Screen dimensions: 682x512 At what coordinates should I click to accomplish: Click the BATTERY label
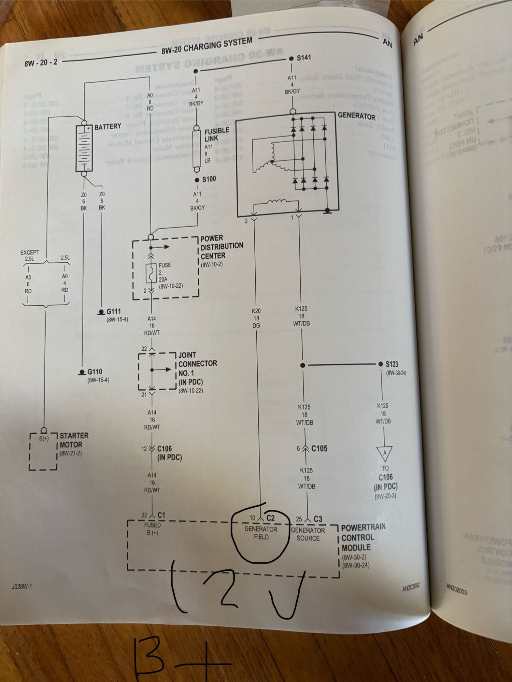tap(108, 127)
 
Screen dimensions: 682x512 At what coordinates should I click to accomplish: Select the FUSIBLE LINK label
tap(216, 135)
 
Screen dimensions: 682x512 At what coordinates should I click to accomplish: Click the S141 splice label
tap(304, 58)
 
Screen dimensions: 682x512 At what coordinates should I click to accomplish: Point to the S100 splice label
tap(209, 179)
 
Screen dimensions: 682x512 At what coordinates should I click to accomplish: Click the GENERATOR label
tap(356, 116)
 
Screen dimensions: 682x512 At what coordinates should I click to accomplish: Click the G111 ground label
tap(113, 311)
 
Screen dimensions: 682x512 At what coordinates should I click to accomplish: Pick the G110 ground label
tap(95, 372)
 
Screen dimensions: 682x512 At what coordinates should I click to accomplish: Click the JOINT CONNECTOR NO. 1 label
tap(197, 368)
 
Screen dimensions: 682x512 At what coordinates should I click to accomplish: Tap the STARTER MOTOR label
tap(74, 440)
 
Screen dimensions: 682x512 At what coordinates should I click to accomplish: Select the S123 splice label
tap(392, 364)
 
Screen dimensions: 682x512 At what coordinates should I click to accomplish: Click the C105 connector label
tap(319, 448)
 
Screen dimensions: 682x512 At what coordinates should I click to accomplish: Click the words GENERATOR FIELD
tap(261, 533)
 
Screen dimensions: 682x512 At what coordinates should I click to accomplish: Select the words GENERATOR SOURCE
tap(308, 534)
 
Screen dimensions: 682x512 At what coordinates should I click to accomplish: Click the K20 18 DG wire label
tap(256, 318)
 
